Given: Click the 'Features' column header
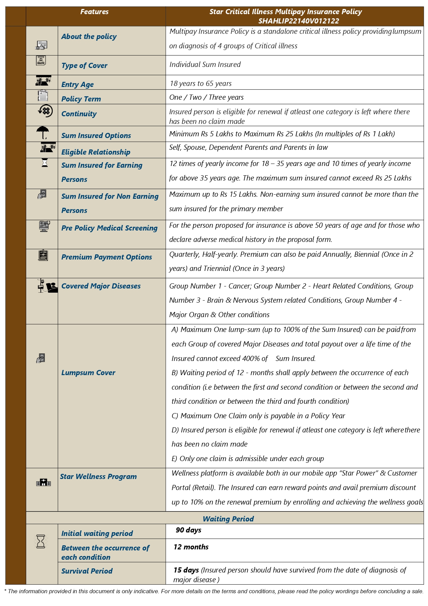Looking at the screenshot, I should click(94, 12).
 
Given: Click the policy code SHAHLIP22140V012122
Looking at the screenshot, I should click(298, 21).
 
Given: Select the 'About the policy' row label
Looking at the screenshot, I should click(89, 37).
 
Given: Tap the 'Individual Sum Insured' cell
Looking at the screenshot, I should click(205, 65).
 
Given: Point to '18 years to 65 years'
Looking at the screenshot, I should click(200, 84).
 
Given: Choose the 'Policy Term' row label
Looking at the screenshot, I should click(81, 99).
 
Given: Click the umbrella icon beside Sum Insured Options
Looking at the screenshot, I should click(43, 133).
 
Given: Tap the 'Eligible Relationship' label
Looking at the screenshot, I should click(96, 152).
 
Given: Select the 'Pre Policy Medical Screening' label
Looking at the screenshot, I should click(109, 228).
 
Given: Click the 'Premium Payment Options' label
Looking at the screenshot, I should click(106, 257).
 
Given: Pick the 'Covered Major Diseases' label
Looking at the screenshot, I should click(101, 286).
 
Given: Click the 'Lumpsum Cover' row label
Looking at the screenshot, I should click(88, 373).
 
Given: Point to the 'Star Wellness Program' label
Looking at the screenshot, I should click(98, 477).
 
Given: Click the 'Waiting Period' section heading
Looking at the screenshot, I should click(228, 519).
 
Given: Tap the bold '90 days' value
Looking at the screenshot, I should click(188, 530).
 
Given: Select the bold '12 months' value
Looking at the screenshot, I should click(191, 547).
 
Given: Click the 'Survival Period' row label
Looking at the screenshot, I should click(87, 571).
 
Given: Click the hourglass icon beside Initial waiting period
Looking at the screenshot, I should click(41, 541).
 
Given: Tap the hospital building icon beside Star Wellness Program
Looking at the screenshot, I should click(43, 482).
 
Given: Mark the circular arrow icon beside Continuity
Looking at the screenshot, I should click(45, 111).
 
